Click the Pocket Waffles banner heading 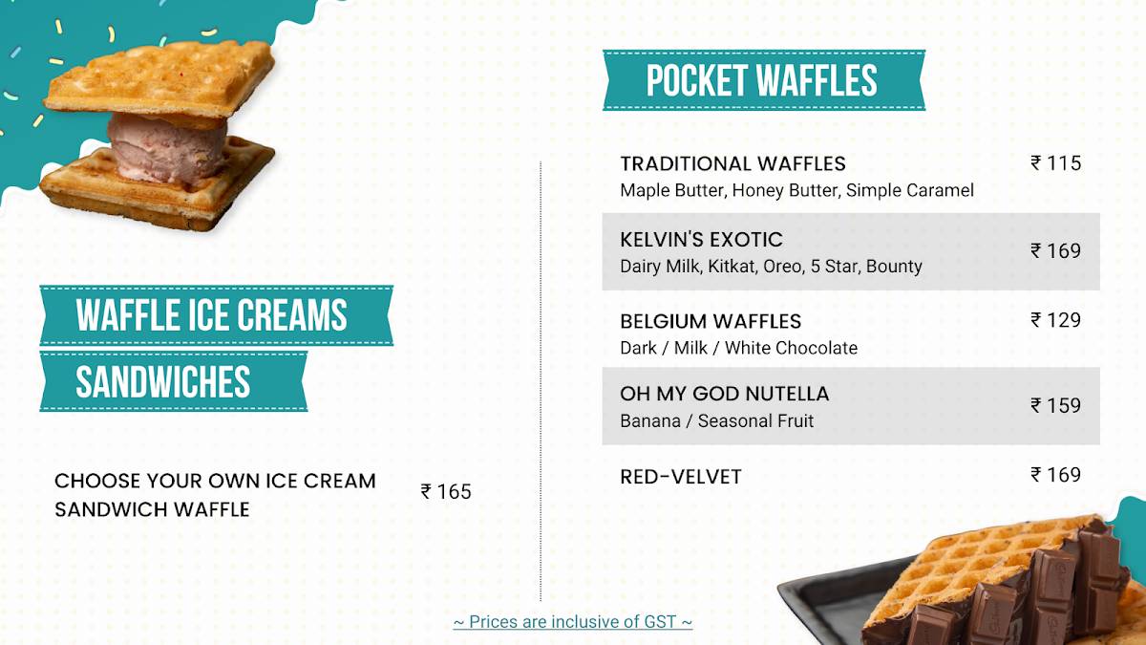click(x=762, y=80)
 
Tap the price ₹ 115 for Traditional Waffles click(x=1055, y=163)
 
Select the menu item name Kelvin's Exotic click(x=701, y=240)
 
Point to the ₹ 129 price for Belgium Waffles click(x=1055, y=320)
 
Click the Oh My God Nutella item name click(x=724, y=394)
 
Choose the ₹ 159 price click(x=1055, y=405)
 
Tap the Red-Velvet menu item click(x=680, y=477)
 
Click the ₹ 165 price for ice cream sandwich click(x=446, y=492)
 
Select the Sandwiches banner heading click(x=162, y=381)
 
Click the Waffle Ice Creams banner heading click(x=211, y=315)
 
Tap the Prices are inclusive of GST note click(x=572, y=622)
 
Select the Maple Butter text click(x=672, y=190)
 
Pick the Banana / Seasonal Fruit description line click(x=716, y=421)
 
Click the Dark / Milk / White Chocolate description click(x=738, y=348)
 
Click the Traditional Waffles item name click(x=732, y=163)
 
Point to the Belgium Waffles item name click(x=711, y=321)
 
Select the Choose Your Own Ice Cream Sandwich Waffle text click(x=215, y=495)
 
